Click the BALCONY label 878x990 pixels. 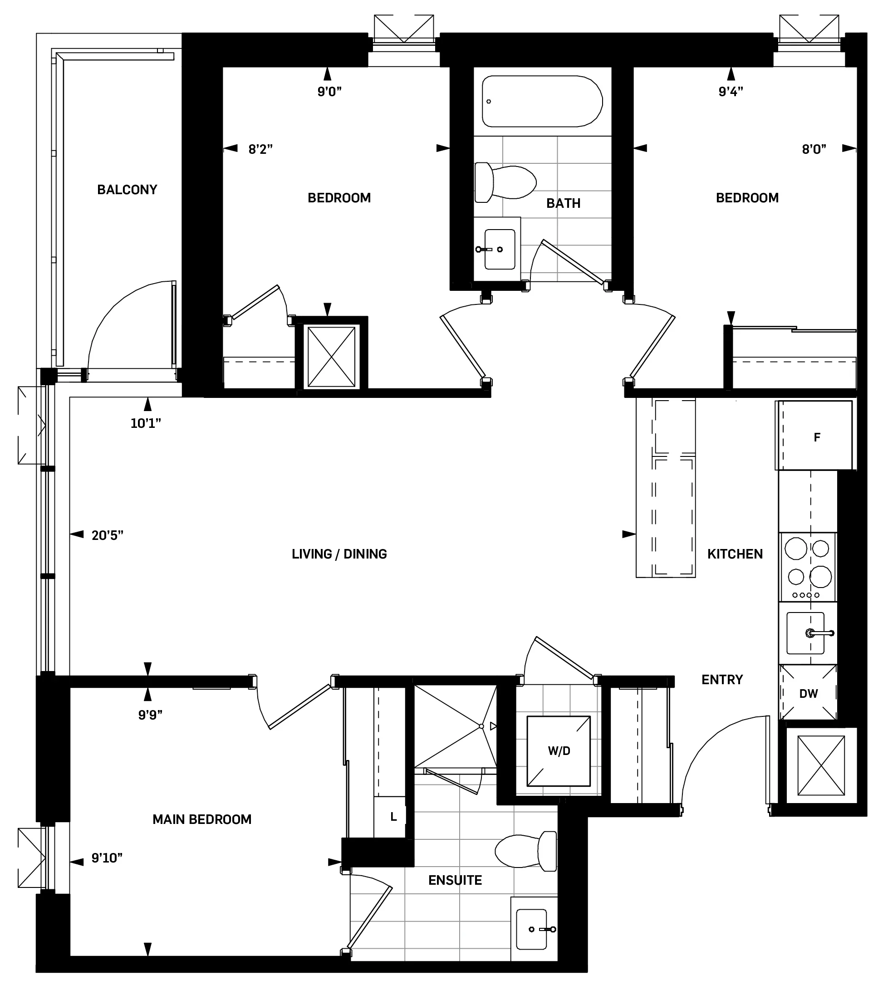[127, 189]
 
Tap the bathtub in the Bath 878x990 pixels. [542, 101]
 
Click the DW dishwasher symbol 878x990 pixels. [808, 693]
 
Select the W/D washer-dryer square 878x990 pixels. [559, 751]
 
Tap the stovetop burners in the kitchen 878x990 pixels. [808, 566]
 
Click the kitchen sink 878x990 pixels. [805, 633]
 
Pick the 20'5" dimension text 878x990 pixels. [107, 535]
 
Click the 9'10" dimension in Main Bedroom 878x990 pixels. [107, 858]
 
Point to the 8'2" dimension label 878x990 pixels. [260, 149]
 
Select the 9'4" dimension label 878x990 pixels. [730, 92]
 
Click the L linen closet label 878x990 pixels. [393, 817]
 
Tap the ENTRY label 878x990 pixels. [721, 680]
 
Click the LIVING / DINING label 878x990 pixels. [339, 554]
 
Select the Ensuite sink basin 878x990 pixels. [531, 929]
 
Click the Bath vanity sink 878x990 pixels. [499, 249]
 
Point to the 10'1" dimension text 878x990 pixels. [145, 423]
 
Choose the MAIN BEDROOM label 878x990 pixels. [201, 819]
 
